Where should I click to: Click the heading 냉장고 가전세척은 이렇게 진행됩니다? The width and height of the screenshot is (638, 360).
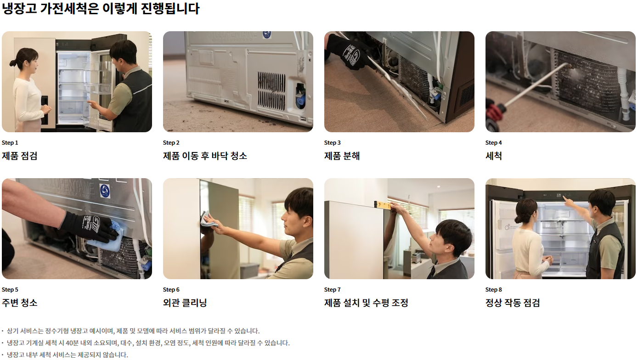coord(101,8)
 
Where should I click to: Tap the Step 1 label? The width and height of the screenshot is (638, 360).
coord(10,143)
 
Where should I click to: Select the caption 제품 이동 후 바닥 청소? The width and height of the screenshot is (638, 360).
coord(205,156)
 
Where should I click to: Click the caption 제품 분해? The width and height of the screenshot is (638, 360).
coord(342,156)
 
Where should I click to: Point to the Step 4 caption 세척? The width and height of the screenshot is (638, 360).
coord(494,156)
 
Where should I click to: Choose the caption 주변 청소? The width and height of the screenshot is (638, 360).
coord(19,303)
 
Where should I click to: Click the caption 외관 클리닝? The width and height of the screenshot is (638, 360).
coord(185,303)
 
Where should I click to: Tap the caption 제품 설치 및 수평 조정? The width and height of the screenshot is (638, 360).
coord(366,303)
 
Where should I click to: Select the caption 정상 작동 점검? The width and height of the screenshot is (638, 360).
coord(513,303)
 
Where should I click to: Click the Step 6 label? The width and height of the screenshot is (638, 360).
coord(171,290)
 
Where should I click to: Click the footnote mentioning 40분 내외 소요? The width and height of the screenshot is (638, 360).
coord(148,343)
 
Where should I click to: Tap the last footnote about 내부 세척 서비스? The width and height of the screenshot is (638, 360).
coord(67,355)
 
